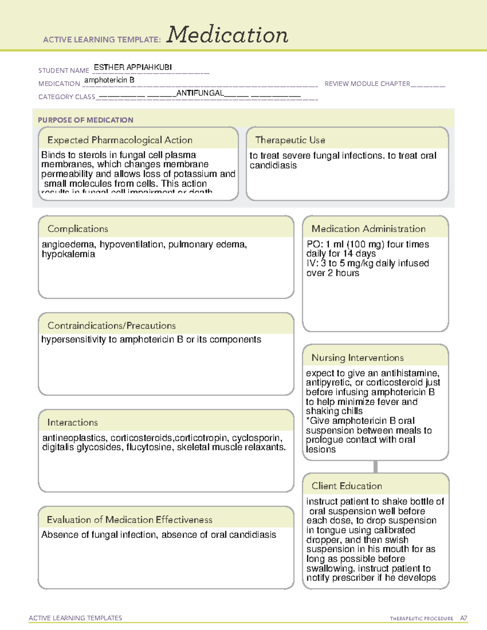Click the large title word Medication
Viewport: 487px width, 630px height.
click(x=227, y=35)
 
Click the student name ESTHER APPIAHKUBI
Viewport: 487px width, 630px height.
click(x=133, y=67)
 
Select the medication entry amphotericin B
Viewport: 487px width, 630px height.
click(x=109, y=80)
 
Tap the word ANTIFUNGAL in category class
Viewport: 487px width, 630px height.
click(x=200, y=93)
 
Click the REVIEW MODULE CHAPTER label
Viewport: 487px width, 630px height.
click(x=367, y=84)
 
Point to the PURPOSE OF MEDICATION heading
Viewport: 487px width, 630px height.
click(x=86, y=120)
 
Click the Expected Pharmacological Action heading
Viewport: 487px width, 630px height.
click(x=120, y=140)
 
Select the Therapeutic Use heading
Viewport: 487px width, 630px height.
click(x=290, y=140)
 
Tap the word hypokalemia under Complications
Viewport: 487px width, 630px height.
click(x=68, y=254)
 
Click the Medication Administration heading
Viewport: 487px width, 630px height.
click(x=368, y=229)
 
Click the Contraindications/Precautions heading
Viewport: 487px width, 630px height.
click(x=111, y=326)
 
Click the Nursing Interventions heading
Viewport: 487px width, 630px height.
click(x=357, y=358)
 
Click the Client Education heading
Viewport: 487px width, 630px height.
click(x=347, y=486)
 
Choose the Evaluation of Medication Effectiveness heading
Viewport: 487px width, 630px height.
click(x=129, y=520)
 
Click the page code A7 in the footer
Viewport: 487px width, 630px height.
click(x=463, y=618)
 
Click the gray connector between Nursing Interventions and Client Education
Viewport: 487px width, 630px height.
click(x=375, y=467)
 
